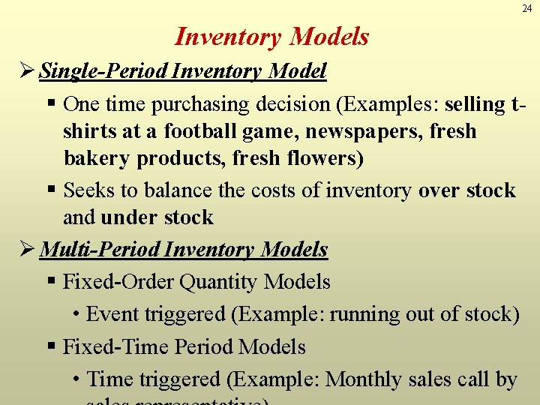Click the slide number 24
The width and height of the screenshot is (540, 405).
pyautogui.click(x=526, y=9)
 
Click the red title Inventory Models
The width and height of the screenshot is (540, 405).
pyautogui.click(x=271, y=36)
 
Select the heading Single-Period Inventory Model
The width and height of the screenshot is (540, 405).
pyautogui.click(x=183, y=71)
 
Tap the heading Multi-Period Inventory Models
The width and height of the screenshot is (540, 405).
pyautogui.click(x=184, y=249)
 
